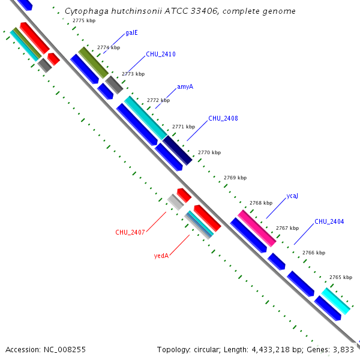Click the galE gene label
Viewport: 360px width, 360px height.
click(132, 32)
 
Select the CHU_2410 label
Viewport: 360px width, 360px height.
click(161, 55)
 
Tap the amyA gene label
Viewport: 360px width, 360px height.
click(185, 86)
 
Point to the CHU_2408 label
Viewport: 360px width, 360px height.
click(223, 118)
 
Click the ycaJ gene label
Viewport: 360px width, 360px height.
click(292, 196)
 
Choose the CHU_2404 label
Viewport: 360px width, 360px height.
click(329, 221)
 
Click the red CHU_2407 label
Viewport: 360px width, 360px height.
click(130, 232)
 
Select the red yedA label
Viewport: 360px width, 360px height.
click(161, 256)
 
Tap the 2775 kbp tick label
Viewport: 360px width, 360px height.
click(83, 20)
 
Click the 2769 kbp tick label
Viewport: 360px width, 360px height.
click(235, 178)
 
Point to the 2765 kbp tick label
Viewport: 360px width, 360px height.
click(340, 277)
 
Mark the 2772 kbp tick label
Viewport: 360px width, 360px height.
click(158, 100)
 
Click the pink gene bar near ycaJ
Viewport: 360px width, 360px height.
click(257, 227)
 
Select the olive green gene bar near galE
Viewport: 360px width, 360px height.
click(92, 62)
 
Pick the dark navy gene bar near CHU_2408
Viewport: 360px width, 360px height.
click(178, 150)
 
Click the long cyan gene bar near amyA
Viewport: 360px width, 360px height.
click(146, 118)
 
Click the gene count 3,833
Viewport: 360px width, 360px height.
click(343, 349)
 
